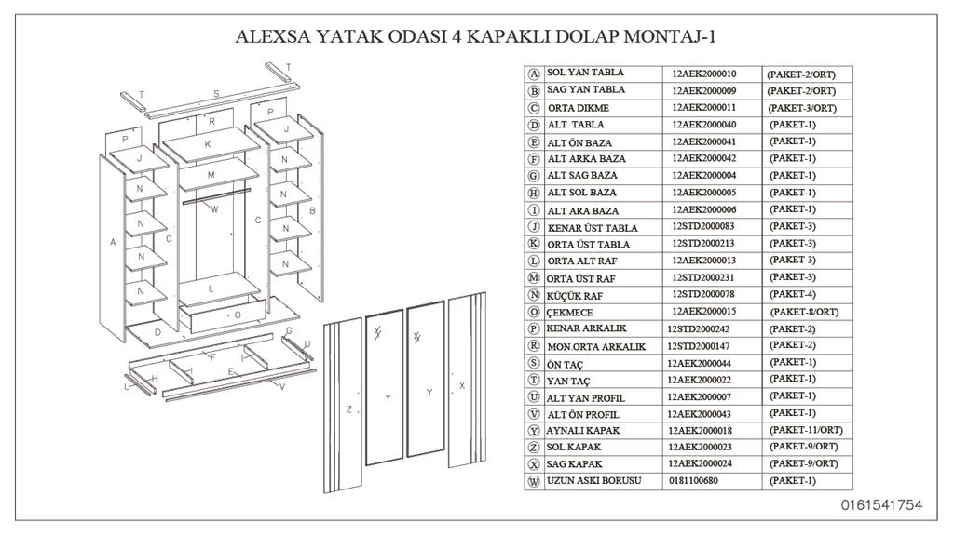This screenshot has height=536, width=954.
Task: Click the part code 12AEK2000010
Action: point(703,74)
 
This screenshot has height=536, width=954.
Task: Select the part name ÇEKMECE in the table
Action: point(570,313)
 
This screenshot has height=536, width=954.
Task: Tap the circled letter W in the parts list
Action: point(534,482)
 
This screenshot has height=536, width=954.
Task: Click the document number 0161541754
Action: point(881,505)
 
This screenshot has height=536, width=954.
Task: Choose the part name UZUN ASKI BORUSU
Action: point(593,480)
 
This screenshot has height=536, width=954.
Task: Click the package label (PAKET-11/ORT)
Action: point(806,430)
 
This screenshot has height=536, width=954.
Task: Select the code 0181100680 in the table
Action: point(694,480)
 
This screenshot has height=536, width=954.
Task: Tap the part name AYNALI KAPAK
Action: point(583,431)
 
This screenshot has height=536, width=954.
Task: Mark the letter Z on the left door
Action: point(348,409)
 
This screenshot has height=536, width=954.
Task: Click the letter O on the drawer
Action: point(238,315)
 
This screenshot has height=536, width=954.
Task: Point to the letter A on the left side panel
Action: point(113,243)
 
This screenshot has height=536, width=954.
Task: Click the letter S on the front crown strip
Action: point(216,94)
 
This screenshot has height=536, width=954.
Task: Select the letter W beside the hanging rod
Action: point(214,209)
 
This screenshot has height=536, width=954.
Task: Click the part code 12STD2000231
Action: point(702,277)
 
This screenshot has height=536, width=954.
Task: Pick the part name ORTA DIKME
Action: point(578,108)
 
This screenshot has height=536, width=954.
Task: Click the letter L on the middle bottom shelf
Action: point(211,289)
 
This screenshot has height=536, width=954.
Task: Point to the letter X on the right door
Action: point(462,384)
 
